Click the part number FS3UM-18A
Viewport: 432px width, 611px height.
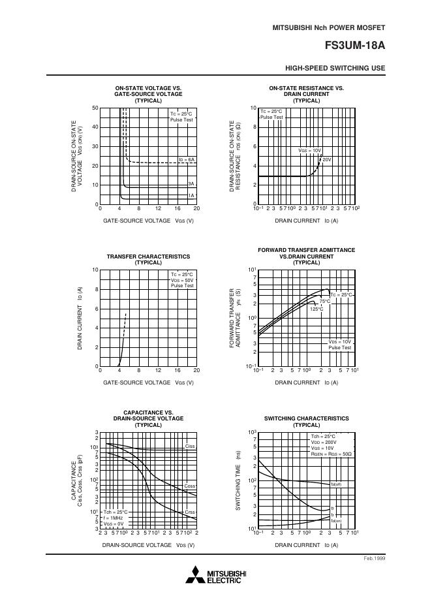pyautogui.click(x=354, y=46)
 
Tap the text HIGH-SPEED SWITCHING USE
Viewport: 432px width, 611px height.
pyautogui.click(x=335, y=69)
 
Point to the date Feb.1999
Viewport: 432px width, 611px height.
pyautogui.click(x=374, y=559)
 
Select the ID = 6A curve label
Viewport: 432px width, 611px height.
pyautogui.click(x=187, y=159)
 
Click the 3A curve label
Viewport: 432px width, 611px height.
pyautogui.click(x=191, y=184)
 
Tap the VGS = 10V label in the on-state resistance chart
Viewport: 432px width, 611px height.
pyautogui.click(x=309, y=150)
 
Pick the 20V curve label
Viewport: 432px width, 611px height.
pyautogui.click(x=327, y=159)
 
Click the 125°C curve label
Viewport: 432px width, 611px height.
pyautogui.click(x=316, y=309)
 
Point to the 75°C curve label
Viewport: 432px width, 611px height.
pyautogui.click(x=324, y=301)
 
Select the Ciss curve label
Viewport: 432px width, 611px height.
pyautogui.click(x=190, y=446)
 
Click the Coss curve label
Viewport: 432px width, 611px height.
pyautogui.click(x=190, y=486)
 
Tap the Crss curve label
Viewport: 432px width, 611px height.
pyautogui.click(x=190, y=512)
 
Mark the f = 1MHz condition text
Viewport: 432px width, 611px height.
pyautogui.click(x=115, y=518)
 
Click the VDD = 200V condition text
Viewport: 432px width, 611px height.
pyautogui.click(x=323, y=442)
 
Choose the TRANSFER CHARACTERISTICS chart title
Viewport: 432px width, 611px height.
pyautogui.click(x=148, y=257)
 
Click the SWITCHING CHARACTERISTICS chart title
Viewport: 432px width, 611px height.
pyautogui.click(x=306, y=418)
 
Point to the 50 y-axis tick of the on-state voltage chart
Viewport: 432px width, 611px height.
pyautogui.click(x=95, y=108)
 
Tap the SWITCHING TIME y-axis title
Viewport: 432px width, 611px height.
pyautogui.click(x=239, y=483)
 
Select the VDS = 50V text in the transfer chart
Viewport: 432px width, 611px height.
pyautogui.click(x=182, y=280)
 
